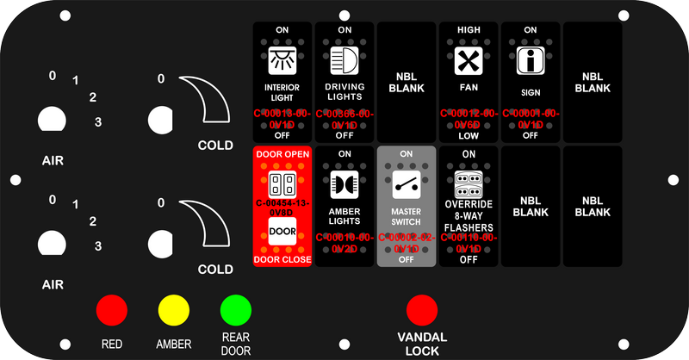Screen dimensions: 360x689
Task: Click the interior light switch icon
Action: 282,62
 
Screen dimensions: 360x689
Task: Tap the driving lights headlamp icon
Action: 344,62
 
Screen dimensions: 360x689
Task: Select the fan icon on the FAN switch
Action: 469,62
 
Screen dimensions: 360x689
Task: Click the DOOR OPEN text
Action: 282,153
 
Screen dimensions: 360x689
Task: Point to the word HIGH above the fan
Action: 469,30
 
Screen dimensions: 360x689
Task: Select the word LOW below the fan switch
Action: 469,135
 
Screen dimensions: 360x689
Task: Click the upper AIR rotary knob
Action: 52,120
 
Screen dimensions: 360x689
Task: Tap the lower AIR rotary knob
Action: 52,243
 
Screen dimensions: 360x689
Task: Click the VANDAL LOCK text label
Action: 421,344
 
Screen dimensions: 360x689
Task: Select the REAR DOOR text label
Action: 235,344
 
